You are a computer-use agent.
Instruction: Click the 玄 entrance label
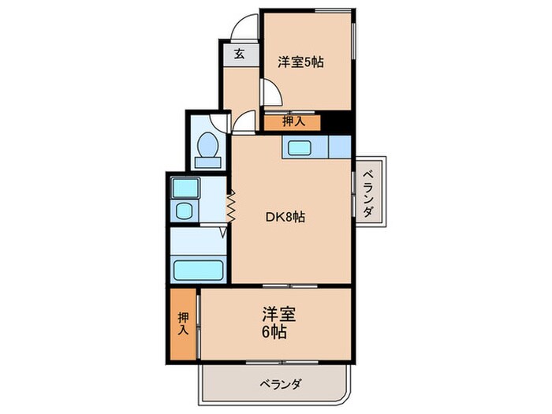pyautogui.click(x=237, y=54)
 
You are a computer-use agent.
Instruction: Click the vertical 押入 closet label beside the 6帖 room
pyautogui.click(x=183, y=324)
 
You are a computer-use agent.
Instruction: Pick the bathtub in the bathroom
pyautogui.click(x=200, y=270)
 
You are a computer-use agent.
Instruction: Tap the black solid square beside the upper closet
pyautogui.click(x=335, y=122)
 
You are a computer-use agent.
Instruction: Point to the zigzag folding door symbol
pyautogui.click(x=233, y=207)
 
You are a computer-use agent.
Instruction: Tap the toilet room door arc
pyautogui.click(x=243, y=122)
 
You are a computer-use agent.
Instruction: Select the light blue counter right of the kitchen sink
pyautogui.click(x=338, y=147)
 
